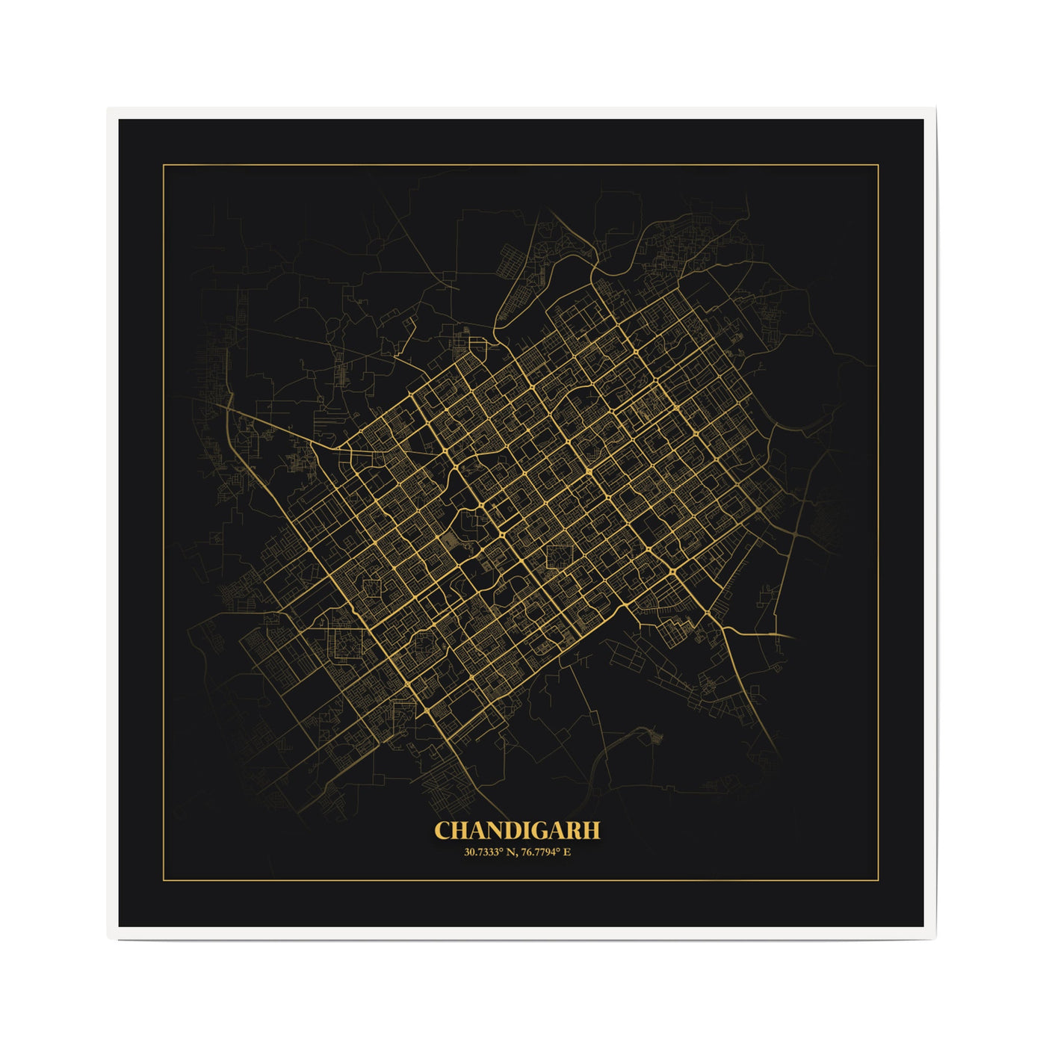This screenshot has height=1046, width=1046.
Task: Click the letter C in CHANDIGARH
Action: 443,831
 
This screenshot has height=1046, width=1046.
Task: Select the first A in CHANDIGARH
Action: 478,831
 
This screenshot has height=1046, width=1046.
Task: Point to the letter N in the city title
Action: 496,831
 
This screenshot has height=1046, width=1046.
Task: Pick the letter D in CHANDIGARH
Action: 514,831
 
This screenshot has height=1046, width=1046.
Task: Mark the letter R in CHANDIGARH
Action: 575,831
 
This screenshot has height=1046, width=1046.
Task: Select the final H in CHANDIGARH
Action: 592,831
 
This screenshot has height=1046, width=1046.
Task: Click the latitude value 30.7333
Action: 481,852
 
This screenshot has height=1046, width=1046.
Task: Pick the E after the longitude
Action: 567,852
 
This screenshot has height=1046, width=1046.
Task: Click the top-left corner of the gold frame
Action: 164,164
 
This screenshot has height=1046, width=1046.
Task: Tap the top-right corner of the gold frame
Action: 878,164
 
